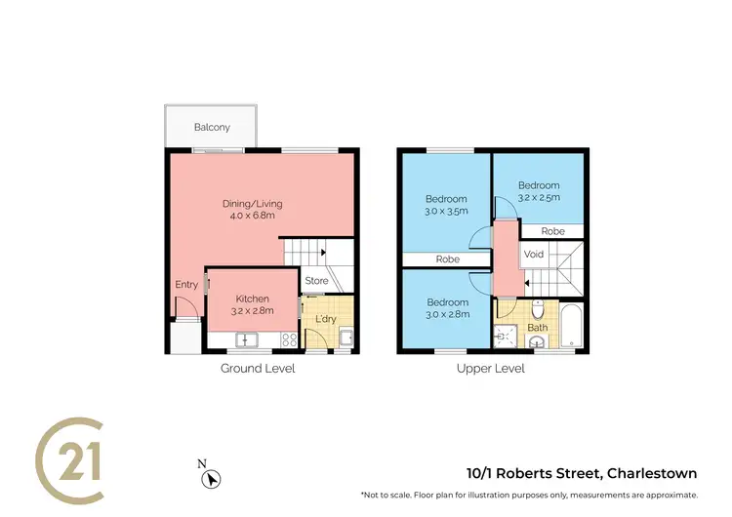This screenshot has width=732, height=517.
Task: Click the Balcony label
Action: pos(212,128)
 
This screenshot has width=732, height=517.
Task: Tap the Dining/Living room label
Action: pos(245,203)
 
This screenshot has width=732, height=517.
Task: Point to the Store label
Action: pos(316,282)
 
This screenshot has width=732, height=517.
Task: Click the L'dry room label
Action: pos(325,319)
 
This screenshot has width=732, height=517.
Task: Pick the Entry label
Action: pos(186,285)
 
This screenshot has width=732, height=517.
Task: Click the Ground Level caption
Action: pos(258,369)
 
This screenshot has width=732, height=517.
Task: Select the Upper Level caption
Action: pos(491,369)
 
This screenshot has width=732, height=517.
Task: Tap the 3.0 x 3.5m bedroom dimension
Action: pos(446,211)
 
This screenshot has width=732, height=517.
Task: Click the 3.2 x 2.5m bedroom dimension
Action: pos(539,198)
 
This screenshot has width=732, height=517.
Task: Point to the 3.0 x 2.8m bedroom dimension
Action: pos(446,314)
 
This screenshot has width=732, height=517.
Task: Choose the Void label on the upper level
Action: pos(534,255)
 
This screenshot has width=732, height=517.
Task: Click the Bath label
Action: pos(538,328)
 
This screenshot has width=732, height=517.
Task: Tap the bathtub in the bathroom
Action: pos(573,326)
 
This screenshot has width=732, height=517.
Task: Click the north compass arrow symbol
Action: pos(210,479)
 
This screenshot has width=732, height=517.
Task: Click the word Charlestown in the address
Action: pos(652,474)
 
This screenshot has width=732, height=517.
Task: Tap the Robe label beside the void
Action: pos(553,232)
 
